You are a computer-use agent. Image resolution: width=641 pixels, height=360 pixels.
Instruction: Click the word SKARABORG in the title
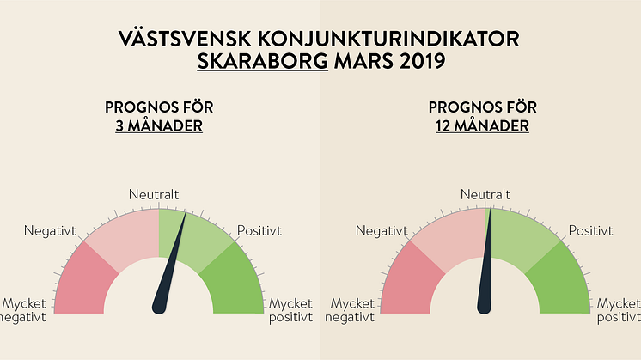[x=263, y=63]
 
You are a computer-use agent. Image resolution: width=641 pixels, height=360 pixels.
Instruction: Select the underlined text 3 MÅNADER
[x=159, y=126]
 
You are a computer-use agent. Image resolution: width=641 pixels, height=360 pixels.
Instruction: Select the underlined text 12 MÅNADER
[x=481, y=126]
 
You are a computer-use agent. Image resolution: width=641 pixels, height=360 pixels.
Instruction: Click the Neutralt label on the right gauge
[x=485, y=196]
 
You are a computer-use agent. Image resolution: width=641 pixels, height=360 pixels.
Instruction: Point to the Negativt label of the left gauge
[x=50, y=230]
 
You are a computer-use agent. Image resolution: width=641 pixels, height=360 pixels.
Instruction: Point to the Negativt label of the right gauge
[x=381, y=230]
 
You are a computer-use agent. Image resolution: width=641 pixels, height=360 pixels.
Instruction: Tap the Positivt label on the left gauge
[x=259, y=230]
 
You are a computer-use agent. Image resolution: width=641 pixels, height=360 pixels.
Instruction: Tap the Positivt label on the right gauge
[x=590, y=230]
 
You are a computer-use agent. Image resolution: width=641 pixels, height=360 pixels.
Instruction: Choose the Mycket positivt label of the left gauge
[x=291, y=311]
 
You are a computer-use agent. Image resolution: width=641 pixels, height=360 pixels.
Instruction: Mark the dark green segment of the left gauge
[x=234, y=279]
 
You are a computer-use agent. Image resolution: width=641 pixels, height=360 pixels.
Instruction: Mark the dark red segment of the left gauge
[x=84, y=279]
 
